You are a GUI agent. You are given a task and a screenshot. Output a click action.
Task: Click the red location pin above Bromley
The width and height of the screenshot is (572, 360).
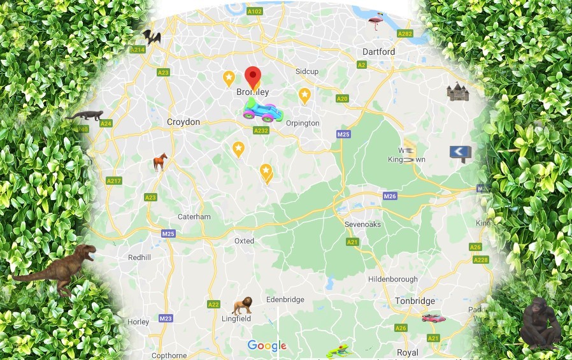click(253, 76)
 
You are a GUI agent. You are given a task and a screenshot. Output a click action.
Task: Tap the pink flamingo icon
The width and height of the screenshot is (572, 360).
click(376, 22)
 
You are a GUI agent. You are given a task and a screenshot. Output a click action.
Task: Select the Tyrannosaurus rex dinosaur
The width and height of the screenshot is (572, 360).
click(56, 268)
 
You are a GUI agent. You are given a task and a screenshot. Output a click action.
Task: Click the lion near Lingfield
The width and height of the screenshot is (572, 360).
click(242, 306)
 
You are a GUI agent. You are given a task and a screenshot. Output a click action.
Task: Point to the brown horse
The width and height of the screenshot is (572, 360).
click(160, 162)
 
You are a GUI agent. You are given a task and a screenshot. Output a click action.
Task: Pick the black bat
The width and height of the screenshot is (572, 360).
click(151, 37)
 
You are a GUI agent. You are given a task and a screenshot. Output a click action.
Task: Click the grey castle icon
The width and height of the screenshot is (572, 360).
click(457, 92)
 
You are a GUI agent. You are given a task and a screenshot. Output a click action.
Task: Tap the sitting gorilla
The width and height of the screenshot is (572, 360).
click(540, 322)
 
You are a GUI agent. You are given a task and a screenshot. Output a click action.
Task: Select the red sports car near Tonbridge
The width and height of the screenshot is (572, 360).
click(433, 317)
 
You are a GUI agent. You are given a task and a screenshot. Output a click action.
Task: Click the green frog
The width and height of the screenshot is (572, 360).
click(338, 350)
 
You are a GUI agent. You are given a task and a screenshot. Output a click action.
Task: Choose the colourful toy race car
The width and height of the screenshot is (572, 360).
click(262, 110)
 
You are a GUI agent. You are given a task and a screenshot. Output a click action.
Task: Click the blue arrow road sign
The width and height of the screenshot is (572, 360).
click(461, 152)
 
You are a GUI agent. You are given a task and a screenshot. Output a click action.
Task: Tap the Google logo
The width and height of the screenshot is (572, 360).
click(267, 346)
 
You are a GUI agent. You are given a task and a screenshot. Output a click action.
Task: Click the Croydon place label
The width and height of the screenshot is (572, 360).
click(183, 122)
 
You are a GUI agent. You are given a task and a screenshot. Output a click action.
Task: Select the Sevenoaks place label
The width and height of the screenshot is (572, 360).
click(362, 225)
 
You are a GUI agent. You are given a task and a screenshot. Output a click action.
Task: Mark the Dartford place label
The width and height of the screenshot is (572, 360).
click(378, 52)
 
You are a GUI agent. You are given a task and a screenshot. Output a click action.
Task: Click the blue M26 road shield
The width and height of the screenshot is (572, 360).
click(390, 196)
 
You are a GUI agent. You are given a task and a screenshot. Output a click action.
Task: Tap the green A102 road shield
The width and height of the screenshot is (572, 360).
click(254, 11)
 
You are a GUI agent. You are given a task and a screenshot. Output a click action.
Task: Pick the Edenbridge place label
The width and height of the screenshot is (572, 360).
click(285, 299)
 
